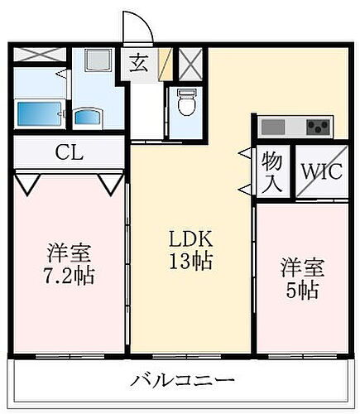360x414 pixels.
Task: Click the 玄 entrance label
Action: pyautogui.click(x=139, y=63)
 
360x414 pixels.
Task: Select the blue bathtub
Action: pyautogui.click(x=37, y=112)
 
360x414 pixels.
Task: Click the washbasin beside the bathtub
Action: pyautogui.click(x=87, y=116)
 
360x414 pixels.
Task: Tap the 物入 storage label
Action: pyautogui.click(x=271, y=171)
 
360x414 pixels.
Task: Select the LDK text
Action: pyautogui.click(x=190, y=240)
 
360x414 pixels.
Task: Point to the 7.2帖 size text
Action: pyautogui.click(x=68, y=274)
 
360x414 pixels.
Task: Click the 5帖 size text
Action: pyautogui.click(x=301, y=290)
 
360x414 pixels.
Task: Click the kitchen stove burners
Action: pyautogui.click(x=318, y=128)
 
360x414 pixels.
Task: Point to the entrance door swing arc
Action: pyautogui.click(x=137, y=26)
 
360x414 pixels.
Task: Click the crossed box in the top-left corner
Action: pyautogui.click(x=39, y=55)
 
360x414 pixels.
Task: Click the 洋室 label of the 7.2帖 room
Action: pyautogui.click(x=68, y=251)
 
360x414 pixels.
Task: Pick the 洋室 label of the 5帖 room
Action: pyautogui.click(x=301, y=267)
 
